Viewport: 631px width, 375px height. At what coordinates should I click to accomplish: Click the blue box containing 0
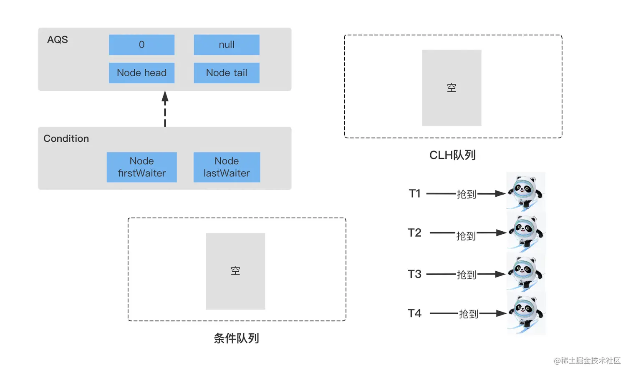tap(141, 45)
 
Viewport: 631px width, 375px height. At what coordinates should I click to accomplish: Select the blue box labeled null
tap(227, 45)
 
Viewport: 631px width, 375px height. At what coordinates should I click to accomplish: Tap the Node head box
tap(141, 73)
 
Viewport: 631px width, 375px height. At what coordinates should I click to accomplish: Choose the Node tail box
tap(227, 73)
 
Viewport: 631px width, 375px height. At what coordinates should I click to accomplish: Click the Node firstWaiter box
tap(141, 167)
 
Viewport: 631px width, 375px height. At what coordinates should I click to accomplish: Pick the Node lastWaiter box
tap(227, 167)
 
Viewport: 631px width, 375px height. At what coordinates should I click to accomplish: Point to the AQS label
tap(58, 40)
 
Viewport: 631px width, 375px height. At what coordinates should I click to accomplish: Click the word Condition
tap(66, 138)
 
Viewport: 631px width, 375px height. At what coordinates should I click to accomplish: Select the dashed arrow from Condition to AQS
tap(165, 109)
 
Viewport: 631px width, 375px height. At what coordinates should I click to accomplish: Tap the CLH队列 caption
tap(452, 155)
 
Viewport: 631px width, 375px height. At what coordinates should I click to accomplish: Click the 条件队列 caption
tap(236, 338)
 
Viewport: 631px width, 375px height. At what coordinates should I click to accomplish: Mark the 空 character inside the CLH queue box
tap(452, 88)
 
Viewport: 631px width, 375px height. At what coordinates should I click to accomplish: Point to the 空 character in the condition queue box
tap(235, 271)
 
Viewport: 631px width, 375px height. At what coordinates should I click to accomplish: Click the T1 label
tap(414, 194)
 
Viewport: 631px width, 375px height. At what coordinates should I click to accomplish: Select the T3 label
tap(414, 274)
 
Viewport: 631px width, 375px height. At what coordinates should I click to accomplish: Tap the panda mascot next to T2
tap(525, 232)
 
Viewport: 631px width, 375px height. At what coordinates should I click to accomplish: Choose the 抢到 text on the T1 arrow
tap(467, 194)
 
